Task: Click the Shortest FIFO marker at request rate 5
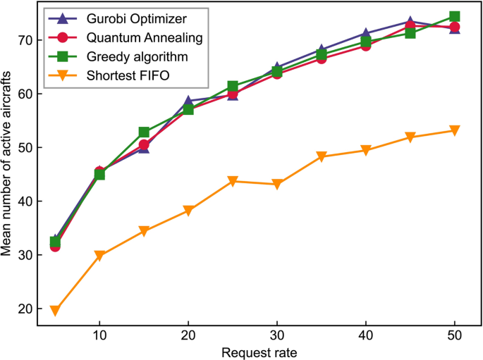pos(55,310)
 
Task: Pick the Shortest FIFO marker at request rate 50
pos(454,130)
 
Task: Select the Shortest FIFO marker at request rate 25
pos(232,181)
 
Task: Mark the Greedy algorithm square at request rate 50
pos(454,16)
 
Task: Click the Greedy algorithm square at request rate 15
pos(144,132)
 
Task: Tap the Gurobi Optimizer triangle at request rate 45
pos(410,22)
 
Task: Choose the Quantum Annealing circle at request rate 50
pos(454,27)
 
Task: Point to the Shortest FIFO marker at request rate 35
pos(321,156)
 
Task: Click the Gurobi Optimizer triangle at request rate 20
pos(188,101)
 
